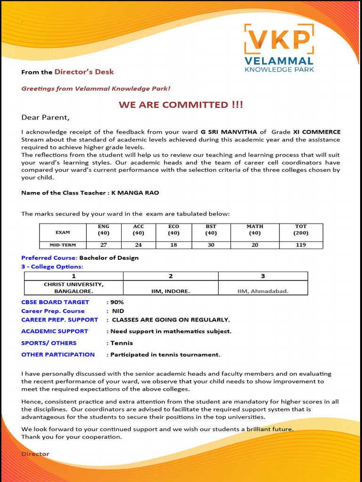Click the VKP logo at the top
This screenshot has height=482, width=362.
(x=279, y=48)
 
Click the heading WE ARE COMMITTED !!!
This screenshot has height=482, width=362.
(x=181, y=104)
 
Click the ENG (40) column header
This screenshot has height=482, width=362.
(x=103, y=230)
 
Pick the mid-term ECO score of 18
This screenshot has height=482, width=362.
(x=173, y=245)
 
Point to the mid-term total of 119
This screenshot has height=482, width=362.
(x=301, y=245)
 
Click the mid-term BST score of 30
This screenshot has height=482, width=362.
(x=211, y=245)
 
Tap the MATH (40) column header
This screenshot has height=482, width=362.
(x=255, y=230)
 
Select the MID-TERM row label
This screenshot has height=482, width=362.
(x=63, y=245)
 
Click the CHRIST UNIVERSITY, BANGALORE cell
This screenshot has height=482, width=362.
(x=74, y=288)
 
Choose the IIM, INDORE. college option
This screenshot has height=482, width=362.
(x=171, y=291)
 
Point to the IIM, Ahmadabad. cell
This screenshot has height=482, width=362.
(x=263, y=291)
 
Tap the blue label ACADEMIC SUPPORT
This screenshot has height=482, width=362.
(x=55, y=331)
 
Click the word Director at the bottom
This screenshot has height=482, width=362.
(x=35, y=454)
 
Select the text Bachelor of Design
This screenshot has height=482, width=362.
(x=109, y=258)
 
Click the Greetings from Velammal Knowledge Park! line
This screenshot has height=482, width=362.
(x=96, y=88)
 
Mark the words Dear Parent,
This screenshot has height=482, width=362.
(x=45, y=117)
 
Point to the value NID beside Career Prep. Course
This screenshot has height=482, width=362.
(x=118, y=311)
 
